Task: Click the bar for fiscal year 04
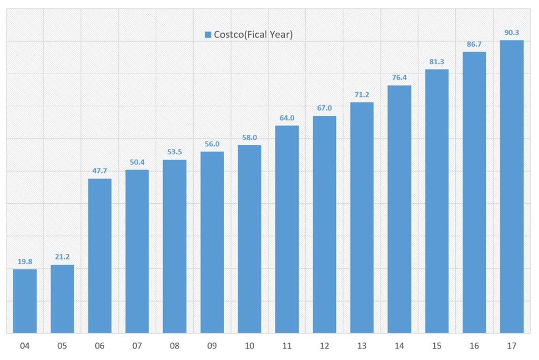[25, 301]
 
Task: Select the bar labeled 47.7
[99, 256]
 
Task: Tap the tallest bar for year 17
[512, 187]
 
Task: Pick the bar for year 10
[249, 239]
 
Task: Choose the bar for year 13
[362, 217]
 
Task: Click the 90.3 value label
[512, 33]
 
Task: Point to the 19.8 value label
[25, 262]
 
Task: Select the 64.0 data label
[287, 118]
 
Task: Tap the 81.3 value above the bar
[437, 62]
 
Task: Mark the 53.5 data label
[175, 152]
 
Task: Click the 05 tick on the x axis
[63, 346]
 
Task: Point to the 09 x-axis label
[212, 346]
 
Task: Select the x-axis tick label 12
[324, 346]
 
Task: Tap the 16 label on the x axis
[474, 346]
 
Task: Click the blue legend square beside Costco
[208, 35]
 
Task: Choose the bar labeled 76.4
[399, 209]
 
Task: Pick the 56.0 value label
[212, 144]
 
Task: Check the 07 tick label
[137, 346]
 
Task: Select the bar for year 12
[324, 224]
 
